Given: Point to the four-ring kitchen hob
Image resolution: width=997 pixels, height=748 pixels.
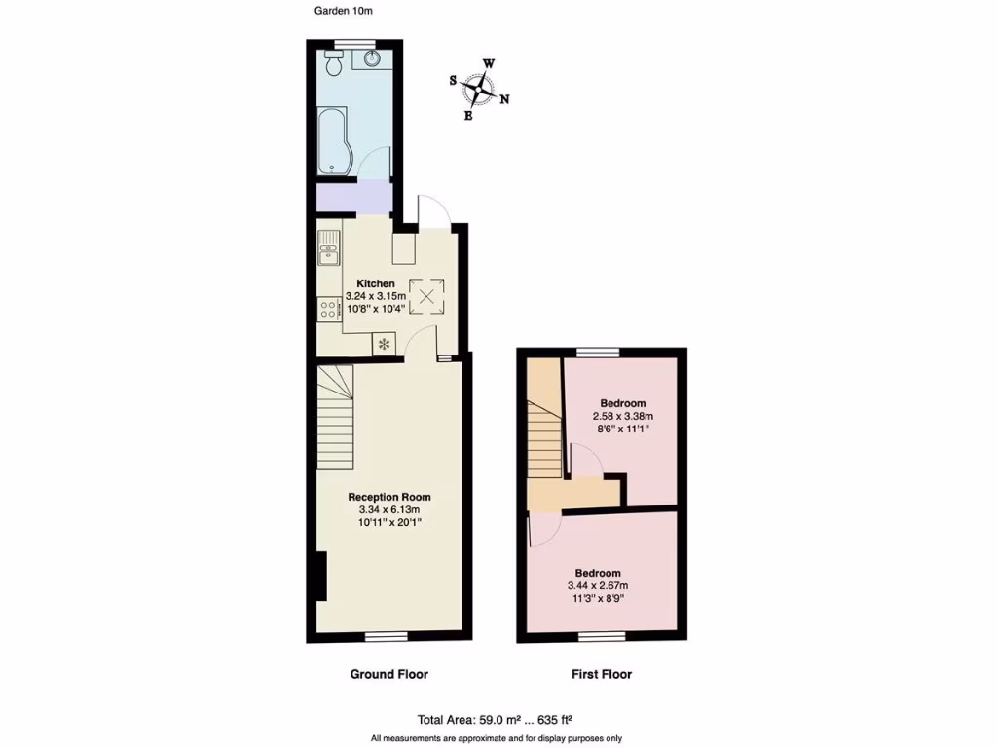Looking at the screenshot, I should click(327, 310).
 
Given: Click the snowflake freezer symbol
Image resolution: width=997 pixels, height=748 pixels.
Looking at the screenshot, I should click(384, 344).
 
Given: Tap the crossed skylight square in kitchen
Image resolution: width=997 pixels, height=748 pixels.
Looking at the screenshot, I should click(425, 296).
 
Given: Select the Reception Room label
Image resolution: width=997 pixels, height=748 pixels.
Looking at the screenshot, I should click(389, 497).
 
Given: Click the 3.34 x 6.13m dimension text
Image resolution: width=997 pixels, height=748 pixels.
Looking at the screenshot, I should click(389, 509).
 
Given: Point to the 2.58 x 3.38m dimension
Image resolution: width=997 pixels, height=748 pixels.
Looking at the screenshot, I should click(622, 416).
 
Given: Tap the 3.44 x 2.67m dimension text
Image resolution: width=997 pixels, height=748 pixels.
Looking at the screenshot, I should click(598, 585).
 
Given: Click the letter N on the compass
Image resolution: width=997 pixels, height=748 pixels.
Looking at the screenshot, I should click(505, 98).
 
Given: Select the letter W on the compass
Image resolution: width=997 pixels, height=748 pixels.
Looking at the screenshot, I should click(489, 64).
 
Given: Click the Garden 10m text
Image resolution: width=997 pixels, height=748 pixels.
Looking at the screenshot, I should click(343, 12).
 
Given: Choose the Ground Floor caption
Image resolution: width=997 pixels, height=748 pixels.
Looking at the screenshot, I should click(388, 674).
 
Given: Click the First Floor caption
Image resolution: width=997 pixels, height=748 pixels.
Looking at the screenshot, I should click(601, 674).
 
